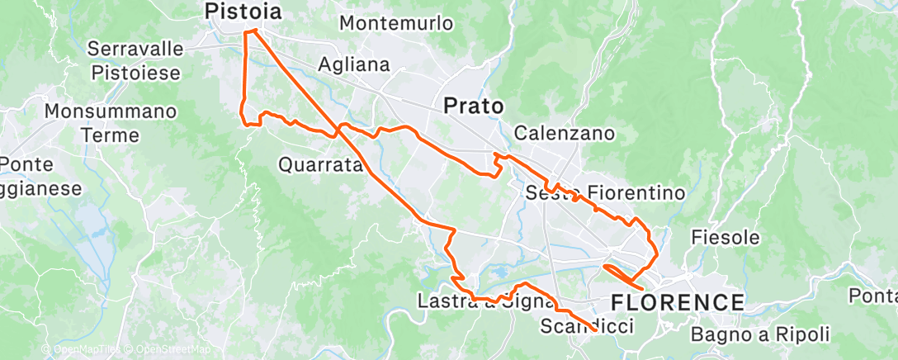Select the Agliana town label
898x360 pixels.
coord(353,64)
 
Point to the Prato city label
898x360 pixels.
coord(474,106)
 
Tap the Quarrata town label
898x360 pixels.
coord(321,165)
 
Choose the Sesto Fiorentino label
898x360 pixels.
coord(606,194)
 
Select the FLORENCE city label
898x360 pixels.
coord(677,301)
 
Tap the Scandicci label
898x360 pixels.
coord(587,327)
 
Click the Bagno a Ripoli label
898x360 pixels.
coord(759,334)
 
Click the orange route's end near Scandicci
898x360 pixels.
coord(596,330)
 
